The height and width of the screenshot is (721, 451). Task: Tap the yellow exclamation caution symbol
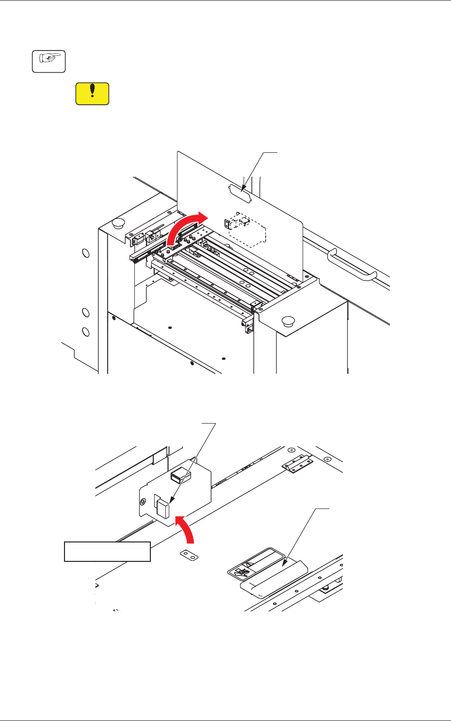(92, 94)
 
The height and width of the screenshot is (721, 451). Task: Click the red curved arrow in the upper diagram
(187, 228)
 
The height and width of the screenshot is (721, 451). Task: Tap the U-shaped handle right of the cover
(352, 265)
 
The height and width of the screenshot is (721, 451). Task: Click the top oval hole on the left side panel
(85, 253)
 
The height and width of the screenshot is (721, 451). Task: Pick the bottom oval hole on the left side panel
(85, 332)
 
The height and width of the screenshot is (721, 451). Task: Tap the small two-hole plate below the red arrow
(188, 555)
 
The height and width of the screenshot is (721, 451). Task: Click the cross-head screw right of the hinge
(328, 459)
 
